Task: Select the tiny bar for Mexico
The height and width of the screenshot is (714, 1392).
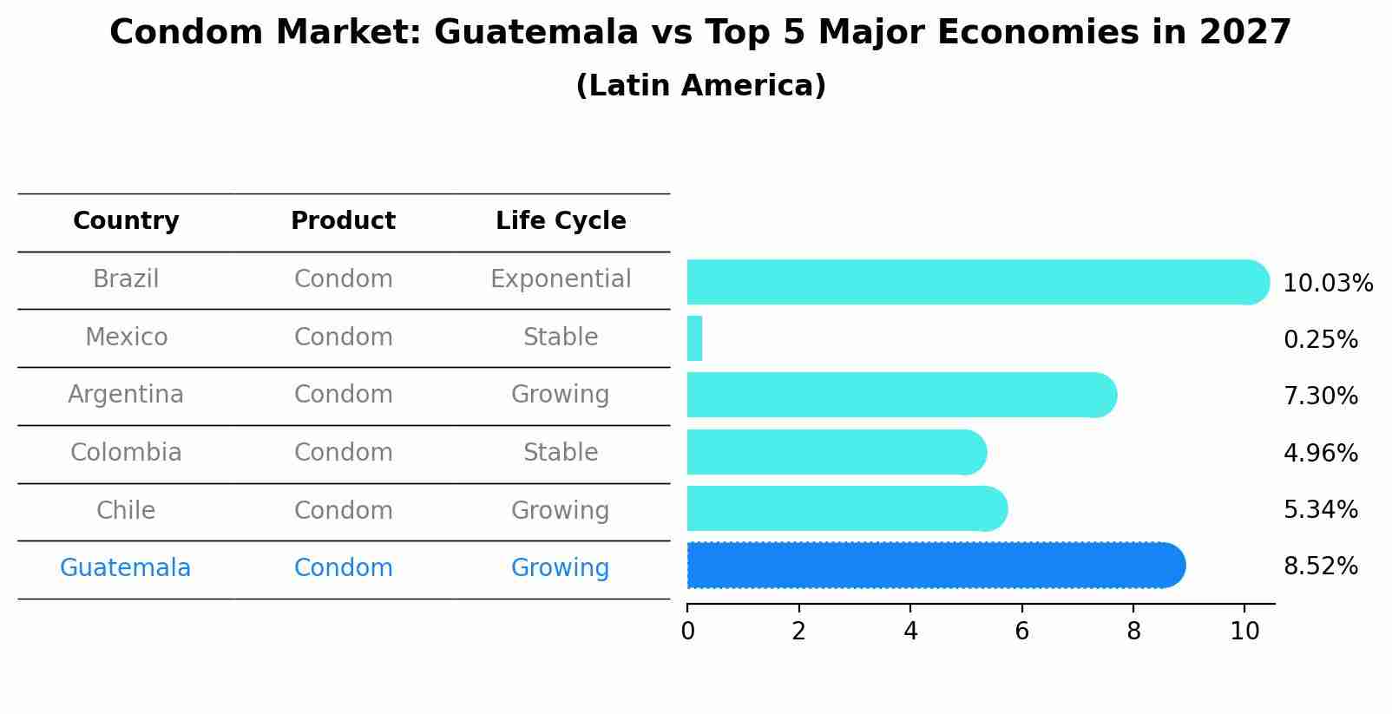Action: coord(694,338)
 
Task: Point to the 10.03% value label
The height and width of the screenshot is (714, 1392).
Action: coord(1327,284)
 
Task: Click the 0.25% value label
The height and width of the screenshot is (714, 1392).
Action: coord(1320,340)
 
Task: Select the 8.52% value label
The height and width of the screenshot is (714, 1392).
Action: coord(1320,567)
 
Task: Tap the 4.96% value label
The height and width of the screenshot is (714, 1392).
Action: coord(1320,453)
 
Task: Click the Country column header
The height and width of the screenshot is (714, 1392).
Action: coord(126,221)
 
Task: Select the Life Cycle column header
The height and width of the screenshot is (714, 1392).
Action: coord(561,221)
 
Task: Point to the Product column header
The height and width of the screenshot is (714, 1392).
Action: coord(343,221)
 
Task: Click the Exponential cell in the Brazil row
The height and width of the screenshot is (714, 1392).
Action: coord(561,279)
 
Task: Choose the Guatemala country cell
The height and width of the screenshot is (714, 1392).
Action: coord(125,568)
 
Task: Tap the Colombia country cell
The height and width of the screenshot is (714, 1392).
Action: coord(126,453)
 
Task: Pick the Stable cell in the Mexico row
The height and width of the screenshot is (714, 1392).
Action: coord(561,337)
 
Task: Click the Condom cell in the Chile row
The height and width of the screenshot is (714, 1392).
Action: coord(343,510)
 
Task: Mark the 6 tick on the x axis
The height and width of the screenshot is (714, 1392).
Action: coord(1021,631)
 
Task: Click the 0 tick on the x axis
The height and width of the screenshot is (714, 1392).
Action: coord(687,631)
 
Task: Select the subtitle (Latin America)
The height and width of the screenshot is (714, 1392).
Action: coord(700,86)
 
